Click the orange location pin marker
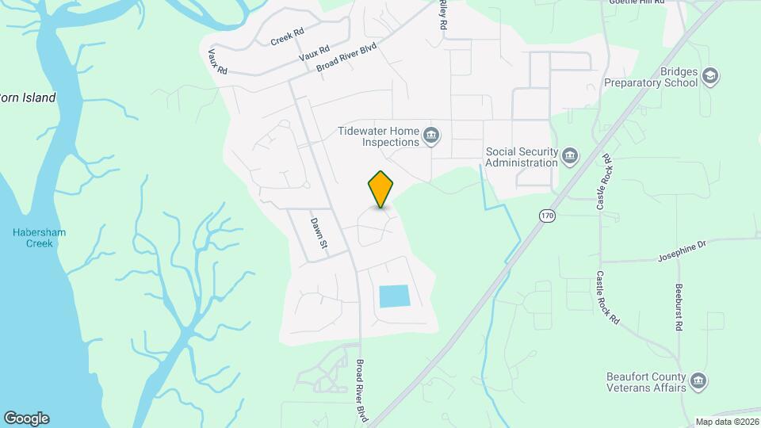[381, 189]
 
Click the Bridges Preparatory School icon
[710, 75]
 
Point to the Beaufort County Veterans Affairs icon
[698, 381]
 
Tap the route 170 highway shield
[546, 216]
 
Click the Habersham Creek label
[39, 238]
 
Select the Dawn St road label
[319, 231]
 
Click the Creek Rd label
[287, 37]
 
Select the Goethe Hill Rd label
[646, 3]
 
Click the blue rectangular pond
[394, 296]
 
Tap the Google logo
[26, 418]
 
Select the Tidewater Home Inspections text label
[378, 136]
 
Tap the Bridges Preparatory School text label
[651, 76]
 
